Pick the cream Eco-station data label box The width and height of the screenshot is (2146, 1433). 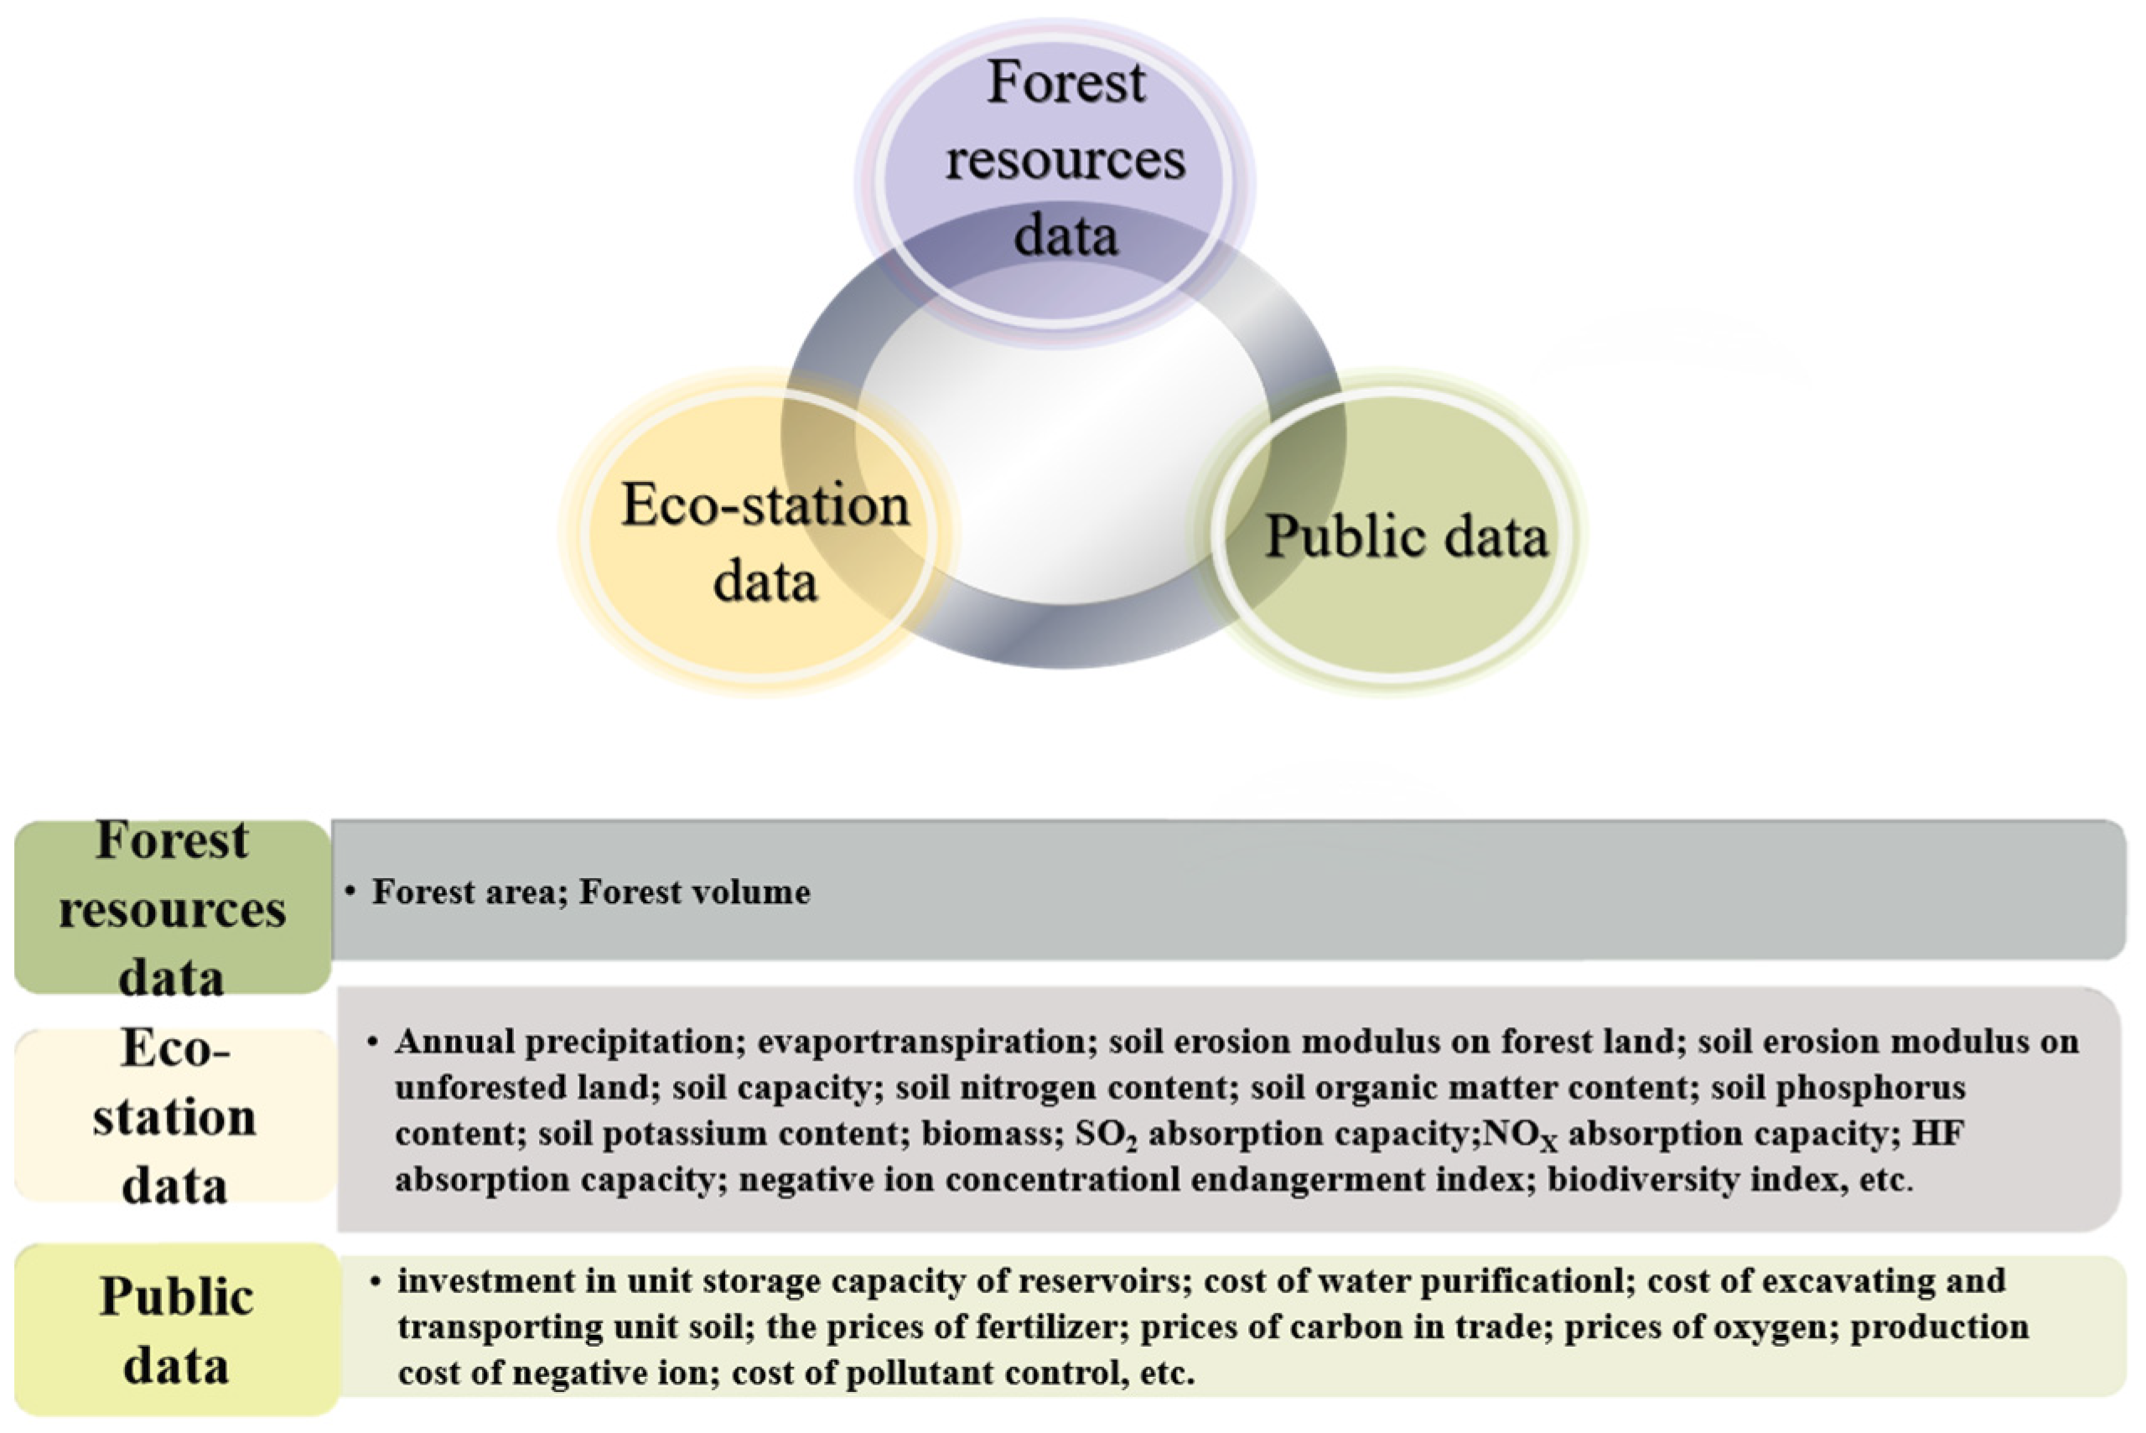click(x=174, y=1115)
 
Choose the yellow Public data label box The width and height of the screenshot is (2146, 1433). click(x=175, y=1330)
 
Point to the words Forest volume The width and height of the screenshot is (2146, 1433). click(x=695, y=892)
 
